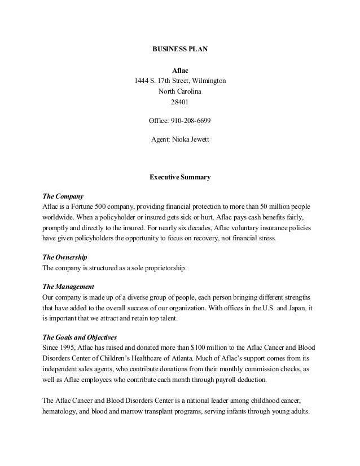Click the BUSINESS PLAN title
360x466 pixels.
click(180, 50)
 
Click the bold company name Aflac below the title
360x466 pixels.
click(180, 71)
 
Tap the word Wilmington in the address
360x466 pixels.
click(208, 81)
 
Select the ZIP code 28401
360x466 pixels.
click(180, 102)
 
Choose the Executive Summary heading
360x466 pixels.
click(180, 177)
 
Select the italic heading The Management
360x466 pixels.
click(69, 287)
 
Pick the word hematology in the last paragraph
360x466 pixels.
click(62, 411)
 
